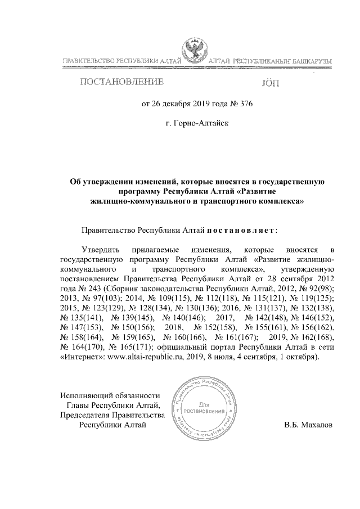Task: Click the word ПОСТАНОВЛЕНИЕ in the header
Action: click(x=121, y=82)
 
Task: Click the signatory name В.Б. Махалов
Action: click(x=309, y=425)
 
